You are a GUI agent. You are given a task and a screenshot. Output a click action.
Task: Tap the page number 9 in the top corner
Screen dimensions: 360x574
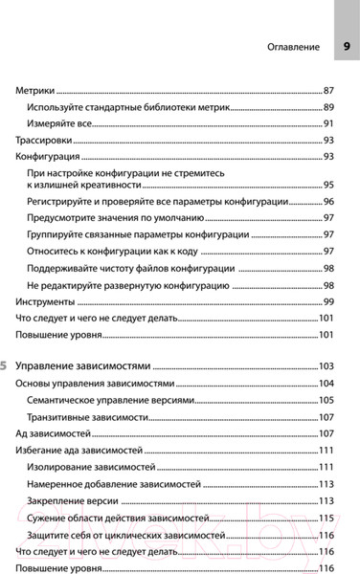tap(346, 46)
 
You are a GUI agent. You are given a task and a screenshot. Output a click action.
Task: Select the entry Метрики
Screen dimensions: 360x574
tap(35, 89)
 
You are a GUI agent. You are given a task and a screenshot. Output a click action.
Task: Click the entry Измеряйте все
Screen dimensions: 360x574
tap(58, 123)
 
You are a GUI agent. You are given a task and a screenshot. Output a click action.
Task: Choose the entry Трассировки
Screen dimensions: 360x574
tap(45, 141)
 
